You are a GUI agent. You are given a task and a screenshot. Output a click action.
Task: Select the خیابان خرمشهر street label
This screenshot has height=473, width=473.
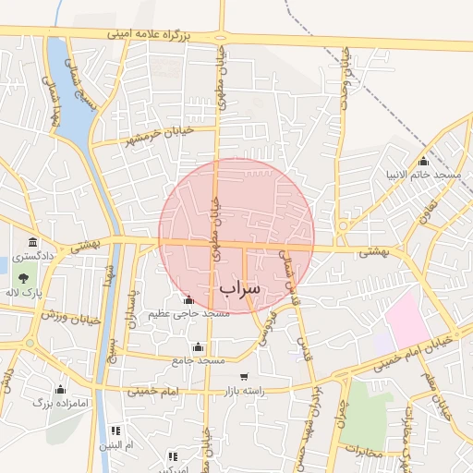coord(158,135)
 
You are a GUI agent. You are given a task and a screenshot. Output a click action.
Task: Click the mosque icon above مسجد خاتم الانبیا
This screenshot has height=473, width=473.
coord(424,161)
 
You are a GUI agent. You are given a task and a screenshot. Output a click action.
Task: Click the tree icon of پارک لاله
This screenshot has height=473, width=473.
coord(23,278)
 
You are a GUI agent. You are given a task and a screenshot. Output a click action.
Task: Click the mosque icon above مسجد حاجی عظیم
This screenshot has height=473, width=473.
coord(189,299)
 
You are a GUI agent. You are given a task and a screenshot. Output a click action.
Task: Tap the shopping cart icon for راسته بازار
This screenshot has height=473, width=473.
coord(244,376)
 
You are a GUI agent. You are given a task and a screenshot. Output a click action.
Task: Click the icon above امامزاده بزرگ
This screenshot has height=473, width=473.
coord(61,389)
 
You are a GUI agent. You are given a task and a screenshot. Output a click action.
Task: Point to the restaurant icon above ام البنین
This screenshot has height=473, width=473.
coord(115,431)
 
